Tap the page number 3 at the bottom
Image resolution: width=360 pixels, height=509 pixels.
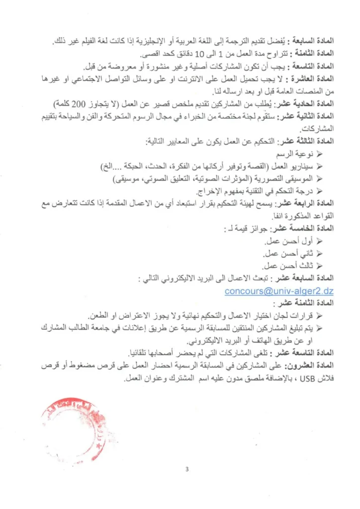(187, 469)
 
